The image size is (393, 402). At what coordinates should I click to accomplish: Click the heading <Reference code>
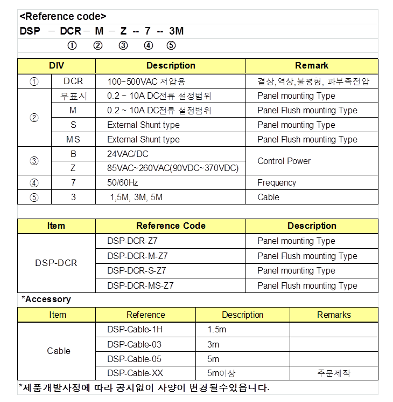point(62,16)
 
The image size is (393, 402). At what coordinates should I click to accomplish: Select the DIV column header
point(57,66)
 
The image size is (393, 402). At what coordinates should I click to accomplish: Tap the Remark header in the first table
point(311,66)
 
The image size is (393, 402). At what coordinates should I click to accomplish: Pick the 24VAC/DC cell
point(128,154)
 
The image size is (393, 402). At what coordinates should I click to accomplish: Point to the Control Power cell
point(284,161)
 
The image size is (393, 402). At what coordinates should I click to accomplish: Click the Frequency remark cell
point(277,183)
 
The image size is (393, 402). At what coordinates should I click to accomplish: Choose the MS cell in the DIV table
point(73,139)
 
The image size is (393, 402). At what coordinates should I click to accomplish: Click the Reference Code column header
point(171,226)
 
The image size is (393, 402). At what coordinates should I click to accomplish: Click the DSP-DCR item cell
point(56,263)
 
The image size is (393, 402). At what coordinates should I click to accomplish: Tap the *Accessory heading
point(46,299)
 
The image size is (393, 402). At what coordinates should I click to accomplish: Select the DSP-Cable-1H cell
point(134,330)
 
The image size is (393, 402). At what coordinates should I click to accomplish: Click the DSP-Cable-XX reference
point(135,373)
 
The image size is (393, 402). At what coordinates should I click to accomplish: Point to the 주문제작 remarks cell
point(334,373)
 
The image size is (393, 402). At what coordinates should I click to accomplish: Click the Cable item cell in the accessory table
point(59,351)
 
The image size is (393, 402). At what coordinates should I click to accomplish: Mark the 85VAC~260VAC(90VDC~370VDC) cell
point(173,168)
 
